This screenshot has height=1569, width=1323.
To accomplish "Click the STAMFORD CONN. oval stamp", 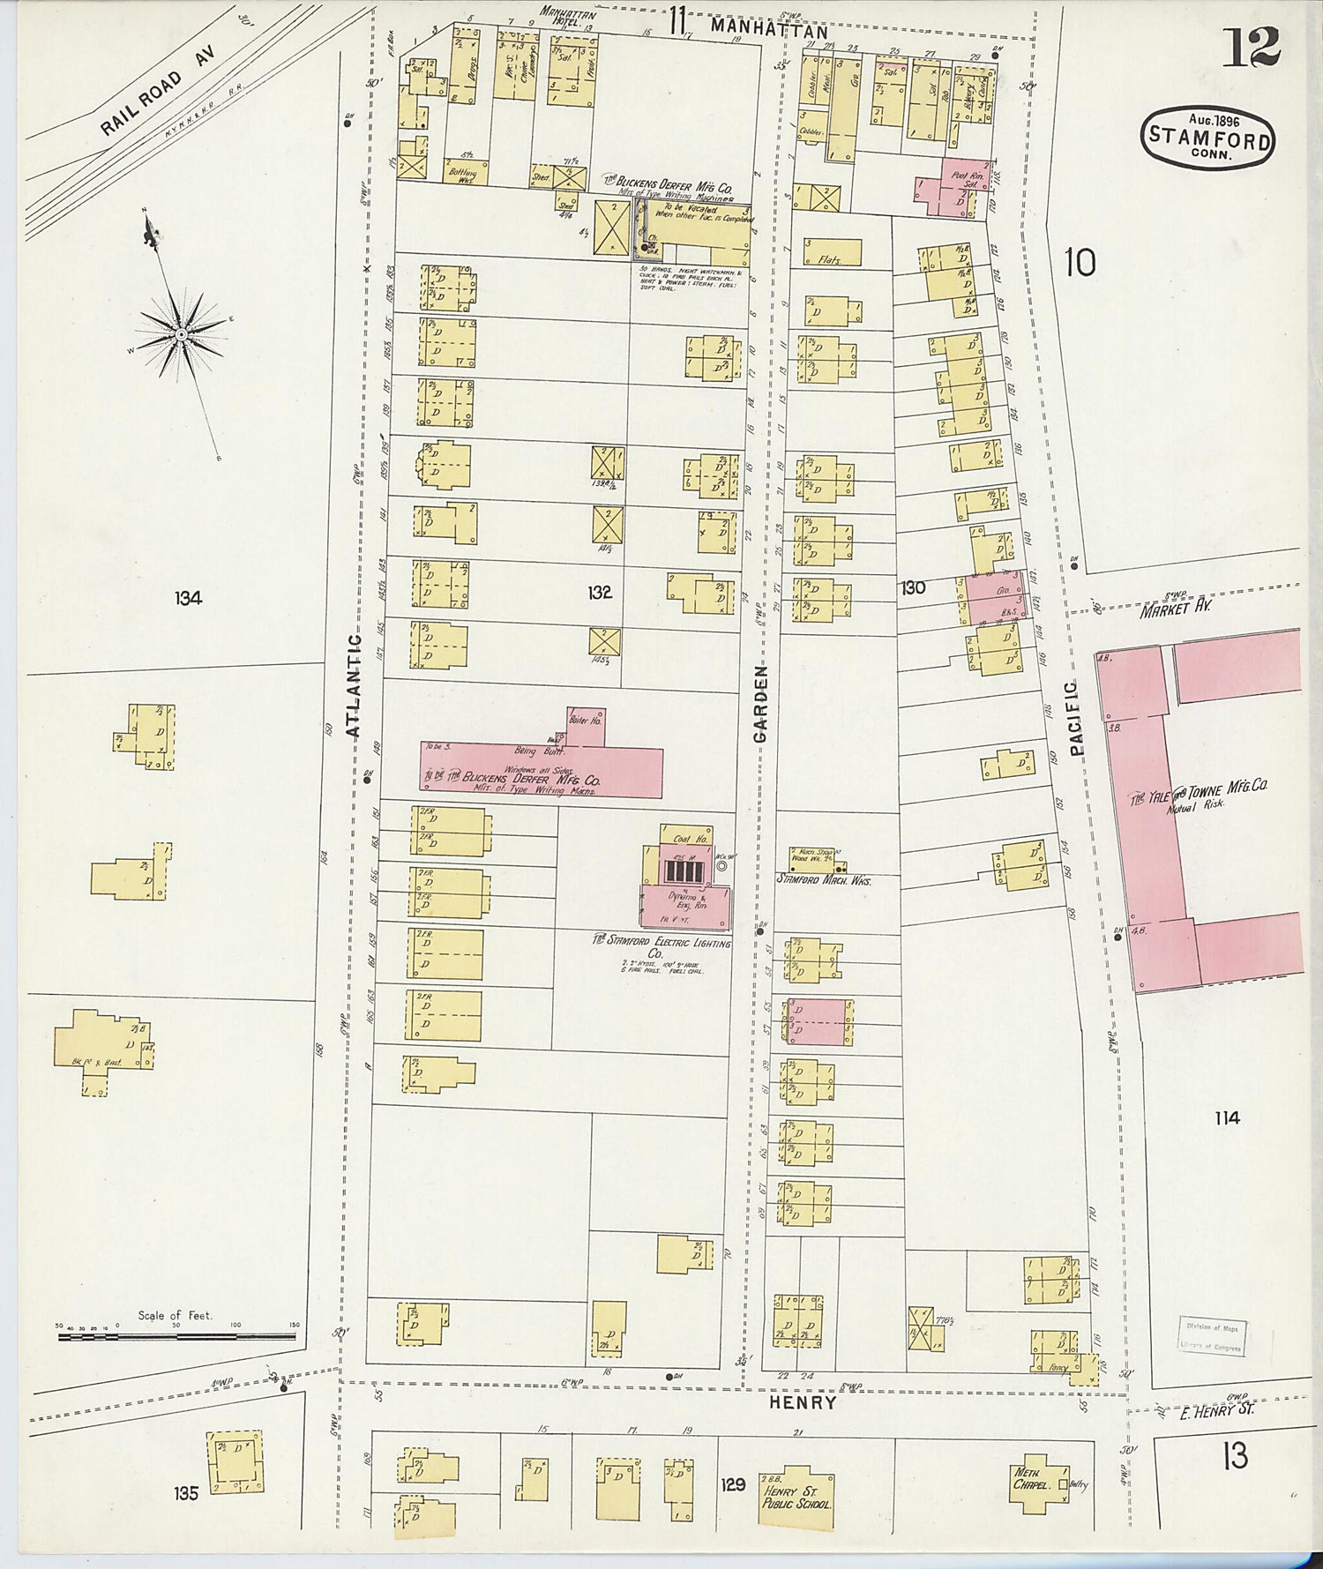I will click(x=1207, y=138).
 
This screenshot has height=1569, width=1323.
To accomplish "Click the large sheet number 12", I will click(x=1251, y=49).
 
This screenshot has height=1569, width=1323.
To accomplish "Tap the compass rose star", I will click(x=181, y=334).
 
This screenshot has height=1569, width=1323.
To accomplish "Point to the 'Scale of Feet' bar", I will click(x=177, y=1337).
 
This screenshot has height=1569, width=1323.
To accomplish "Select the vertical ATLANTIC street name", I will click(x=354, y=685).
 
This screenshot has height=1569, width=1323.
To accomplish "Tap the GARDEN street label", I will click(x=761, y=703).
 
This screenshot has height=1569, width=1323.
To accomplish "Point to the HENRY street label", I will click(x=802, y=1402).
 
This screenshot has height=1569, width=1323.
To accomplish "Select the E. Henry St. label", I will click(x=1218, y=1410).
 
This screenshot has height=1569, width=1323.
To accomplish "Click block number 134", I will click(x=188, y=598).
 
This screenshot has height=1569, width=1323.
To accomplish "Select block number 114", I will click(x=1226, y=1118).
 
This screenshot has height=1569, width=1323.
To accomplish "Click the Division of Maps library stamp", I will click(x=1214, y=1335).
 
